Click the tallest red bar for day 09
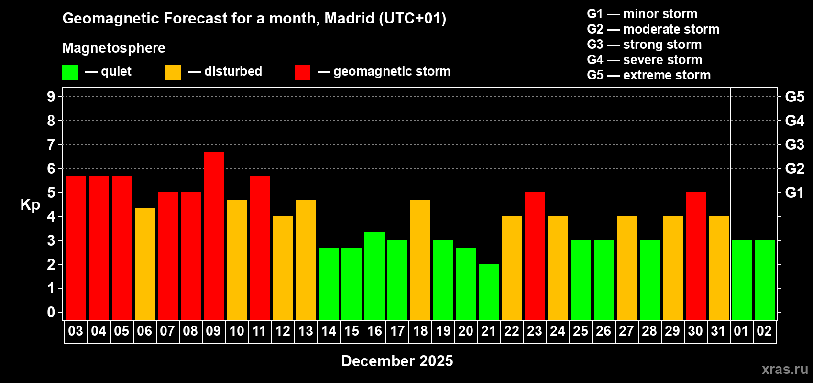click(x=214, y=236)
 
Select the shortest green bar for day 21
click(x=489, y=292)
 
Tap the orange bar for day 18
click(x=420, y=259)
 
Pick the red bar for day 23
click(x=535, y=256)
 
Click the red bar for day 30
click(x=696, y=256)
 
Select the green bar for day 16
click(x=374, y=276)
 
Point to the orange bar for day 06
click(x=145, y=264)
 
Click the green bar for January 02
click(x=765, y=280)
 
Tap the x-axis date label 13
click(x=306, y=331)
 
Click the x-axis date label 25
click(x=581, y=331)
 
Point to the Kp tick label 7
click(x=51, y=145)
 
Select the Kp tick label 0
click(x=51, y=312)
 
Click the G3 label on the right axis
click(x=794, y=145)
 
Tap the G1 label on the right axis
click(x=794, y=192)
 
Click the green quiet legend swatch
click(x=70, y=72)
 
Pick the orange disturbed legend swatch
click(x=173, y=72)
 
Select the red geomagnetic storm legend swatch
click(x=302, y=72)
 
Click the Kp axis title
click(x=30, y=204)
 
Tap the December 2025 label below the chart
click(x=397, y=361)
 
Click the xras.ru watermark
click(x=784, y=369)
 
